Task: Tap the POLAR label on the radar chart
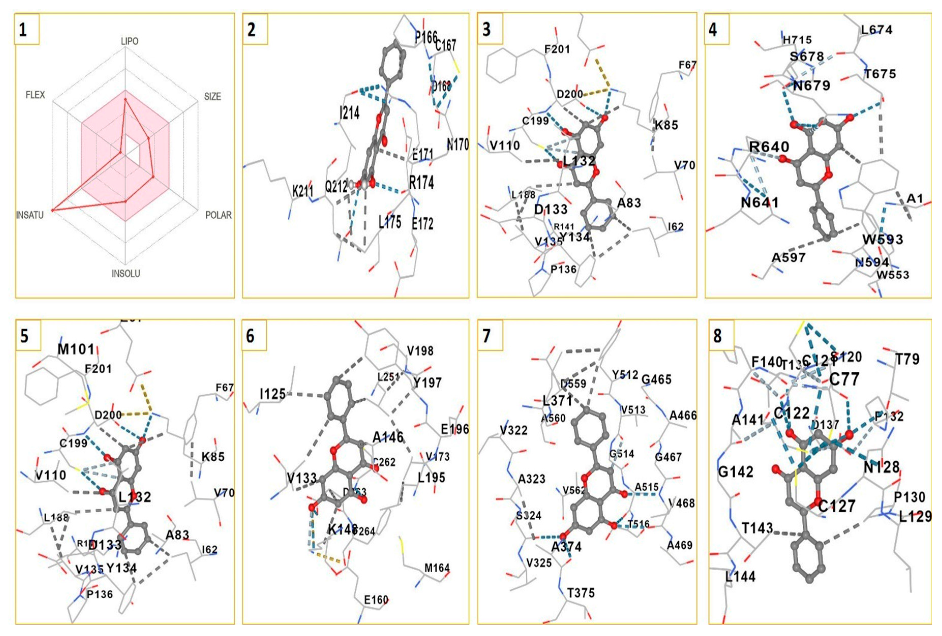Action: [x=219, y=215]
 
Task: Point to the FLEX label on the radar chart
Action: [x=35, y=95]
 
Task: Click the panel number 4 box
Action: [x=717, y=29]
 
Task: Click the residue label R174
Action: [x=421, y=183]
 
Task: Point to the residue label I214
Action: [x=350, y=113]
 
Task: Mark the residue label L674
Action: [x=877, y=29]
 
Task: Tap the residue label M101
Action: [x=76, y=349]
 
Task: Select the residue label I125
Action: [x=273, y=393]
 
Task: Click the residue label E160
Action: [x=376, y=599]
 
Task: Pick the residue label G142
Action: [x=736, y=472]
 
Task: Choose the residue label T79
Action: [x=907, y=359]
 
